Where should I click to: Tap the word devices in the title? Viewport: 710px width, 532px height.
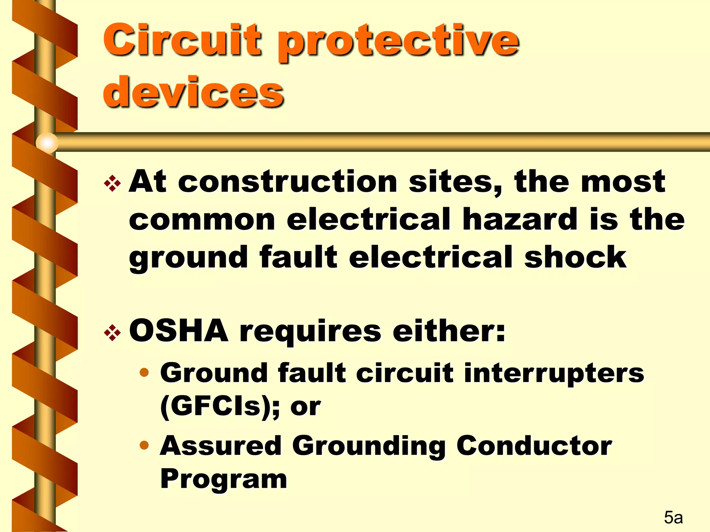click(x=193, y=92)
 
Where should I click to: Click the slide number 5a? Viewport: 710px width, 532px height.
click(x=673, y=517)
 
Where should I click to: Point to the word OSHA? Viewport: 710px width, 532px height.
click(x=179, y=331)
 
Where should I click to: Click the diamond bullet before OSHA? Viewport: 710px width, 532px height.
click(x=113, y=333)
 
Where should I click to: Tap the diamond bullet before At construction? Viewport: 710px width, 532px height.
click(x=113, y=184)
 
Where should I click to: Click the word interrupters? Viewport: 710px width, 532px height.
click(x=554, y=373)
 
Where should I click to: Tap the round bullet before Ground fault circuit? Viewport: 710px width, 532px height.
click(x=144, y=373)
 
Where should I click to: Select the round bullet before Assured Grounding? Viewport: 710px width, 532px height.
click(x=144, y=445)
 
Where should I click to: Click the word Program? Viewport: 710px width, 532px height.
click(x=224, y=479)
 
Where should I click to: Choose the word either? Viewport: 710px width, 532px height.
click(x=449, y=331)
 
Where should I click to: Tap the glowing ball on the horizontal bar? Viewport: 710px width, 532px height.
click(x=47, y=142)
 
